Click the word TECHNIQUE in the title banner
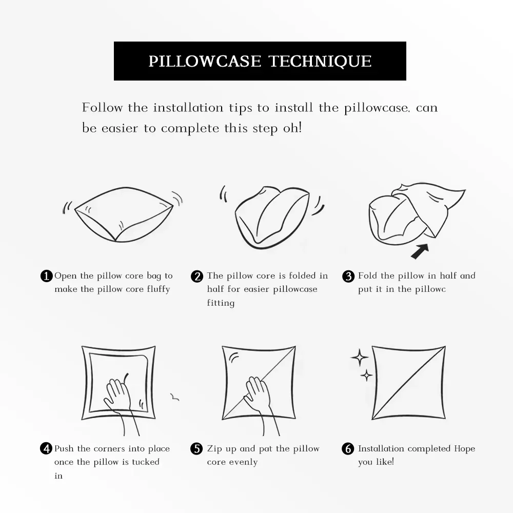click(x=320, y=61)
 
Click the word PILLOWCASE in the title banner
click(x=205, y=61)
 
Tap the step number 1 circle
click(x=47, y=276)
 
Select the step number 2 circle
click(x=197, y=276)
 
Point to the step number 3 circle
click(x=348, y=276)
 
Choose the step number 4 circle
click(x=46, y=448)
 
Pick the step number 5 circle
click(x=196, y=448)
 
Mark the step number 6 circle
click(x=348, y=448)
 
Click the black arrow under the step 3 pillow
click(x=420, y=251)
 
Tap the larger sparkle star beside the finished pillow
click(x=360, y=357)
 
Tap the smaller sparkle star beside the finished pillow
click(x=366, y=375)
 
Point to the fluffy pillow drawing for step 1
click(x=124, y=214)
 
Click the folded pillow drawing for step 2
click(x=272, y=216)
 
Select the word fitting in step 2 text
click(x=221, y=303)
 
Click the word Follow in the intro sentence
click(x=102, y=108)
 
